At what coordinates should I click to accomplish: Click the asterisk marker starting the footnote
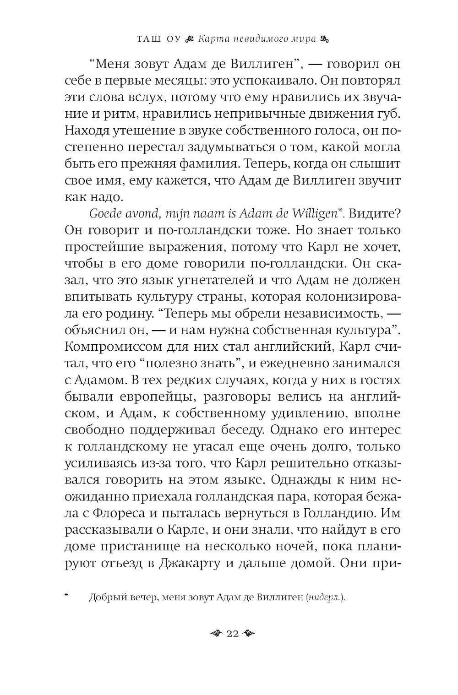click(x=67, y=596)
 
